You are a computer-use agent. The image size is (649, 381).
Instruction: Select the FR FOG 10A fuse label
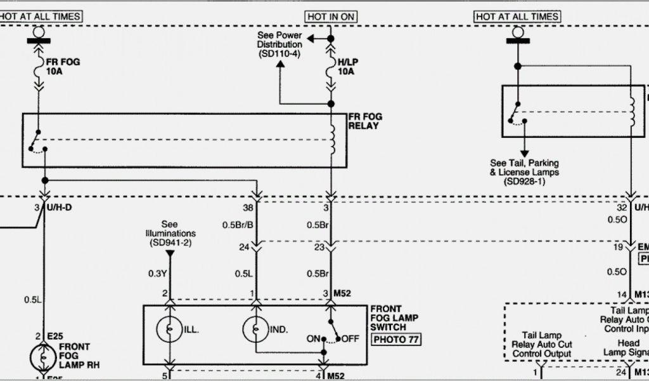(63, 67)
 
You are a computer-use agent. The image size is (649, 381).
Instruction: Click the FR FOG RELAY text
(364, 121)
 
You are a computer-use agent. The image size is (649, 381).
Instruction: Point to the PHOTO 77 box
(397, 339)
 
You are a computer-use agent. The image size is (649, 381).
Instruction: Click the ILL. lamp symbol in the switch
(169, 330)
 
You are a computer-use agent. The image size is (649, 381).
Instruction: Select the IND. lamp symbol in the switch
(255, 330)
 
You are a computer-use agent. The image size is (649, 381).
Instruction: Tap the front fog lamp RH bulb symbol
(43, 357)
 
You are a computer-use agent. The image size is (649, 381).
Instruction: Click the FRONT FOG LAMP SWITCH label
(394, 317)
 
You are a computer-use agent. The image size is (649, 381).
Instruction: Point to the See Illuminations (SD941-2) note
(169, 234)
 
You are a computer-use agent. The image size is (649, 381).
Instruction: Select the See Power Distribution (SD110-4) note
(280, 45)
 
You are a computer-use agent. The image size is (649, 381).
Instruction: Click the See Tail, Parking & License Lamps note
(524, 171)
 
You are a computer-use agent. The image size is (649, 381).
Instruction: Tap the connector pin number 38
(247, 208)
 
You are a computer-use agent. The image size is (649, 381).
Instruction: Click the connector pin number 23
(319, 248)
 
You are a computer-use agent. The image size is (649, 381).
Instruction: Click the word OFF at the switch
(350, 339)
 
